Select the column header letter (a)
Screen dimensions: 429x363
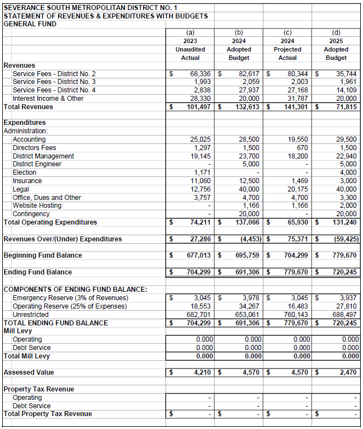point(190,32)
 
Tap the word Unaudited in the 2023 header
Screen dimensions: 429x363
point(190,49)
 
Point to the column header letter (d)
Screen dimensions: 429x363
point(336,32)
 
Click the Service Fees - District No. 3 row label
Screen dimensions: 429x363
point(54,82)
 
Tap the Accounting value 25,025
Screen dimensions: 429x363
point(200,139)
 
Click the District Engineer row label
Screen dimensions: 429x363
point(37,164)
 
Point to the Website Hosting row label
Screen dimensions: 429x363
point(37,206)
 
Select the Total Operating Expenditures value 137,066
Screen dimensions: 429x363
point(247,222)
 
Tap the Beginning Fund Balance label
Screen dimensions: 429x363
point(43,255)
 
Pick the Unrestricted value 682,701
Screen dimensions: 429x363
point(199,315)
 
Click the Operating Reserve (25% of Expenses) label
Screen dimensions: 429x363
point(70,306)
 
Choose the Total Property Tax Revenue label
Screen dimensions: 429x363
point(48,414)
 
